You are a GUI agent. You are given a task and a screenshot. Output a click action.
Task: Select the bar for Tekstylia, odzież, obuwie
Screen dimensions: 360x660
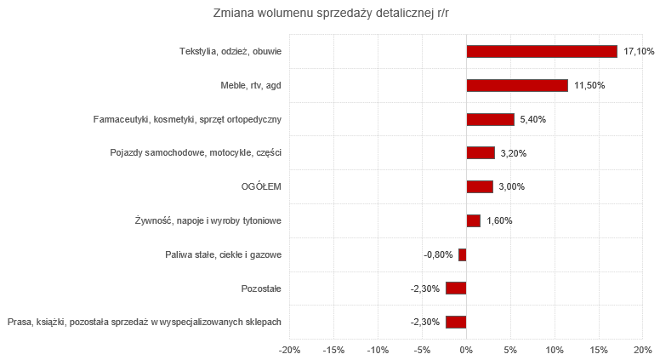point(542,52)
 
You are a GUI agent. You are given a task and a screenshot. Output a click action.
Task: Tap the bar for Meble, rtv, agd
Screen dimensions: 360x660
point(517,85)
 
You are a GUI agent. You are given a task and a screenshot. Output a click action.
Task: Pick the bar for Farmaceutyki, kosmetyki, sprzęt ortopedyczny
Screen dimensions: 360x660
point(491,119)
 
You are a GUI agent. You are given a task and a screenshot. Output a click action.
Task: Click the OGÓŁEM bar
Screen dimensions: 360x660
point(480,186)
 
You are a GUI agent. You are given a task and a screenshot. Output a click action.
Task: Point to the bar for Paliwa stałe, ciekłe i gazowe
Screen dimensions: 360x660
point(463,254)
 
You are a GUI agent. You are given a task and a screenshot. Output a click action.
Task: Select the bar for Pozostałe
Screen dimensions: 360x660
point(456,288)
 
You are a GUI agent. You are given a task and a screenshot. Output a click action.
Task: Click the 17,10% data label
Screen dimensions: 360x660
point(639,52)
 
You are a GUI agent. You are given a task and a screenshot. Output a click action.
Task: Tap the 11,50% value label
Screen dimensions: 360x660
point(589,85)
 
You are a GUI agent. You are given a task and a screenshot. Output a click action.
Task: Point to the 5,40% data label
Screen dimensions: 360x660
point(532,119)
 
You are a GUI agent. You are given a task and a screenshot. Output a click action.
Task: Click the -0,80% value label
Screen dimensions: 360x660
point(438,254)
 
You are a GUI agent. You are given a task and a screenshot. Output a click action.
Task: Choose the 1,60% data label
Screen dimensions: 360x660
point(499,220)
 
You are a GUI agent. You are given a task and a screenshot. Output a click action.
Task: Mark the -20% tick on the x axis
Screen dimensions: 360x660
point(289,350)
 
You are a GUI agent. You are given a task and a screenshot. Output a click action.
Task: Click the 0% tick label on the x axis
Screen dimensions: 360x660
point(466,350)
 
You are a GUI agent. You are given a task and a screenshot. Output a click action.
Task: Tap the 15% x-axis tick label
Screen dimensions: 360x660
point(599,350)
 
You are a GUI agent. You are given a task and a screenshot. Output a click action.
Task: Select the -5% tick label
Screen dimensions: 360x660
point(422,350)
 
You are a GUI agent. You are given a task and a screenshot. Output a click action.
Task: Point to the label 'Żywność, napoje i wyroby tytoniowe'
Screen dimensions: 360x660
point(208,220)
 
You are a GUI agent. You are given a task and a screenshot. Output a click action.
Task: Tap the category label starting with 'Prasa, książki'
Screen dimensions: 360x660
point(145,322)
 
